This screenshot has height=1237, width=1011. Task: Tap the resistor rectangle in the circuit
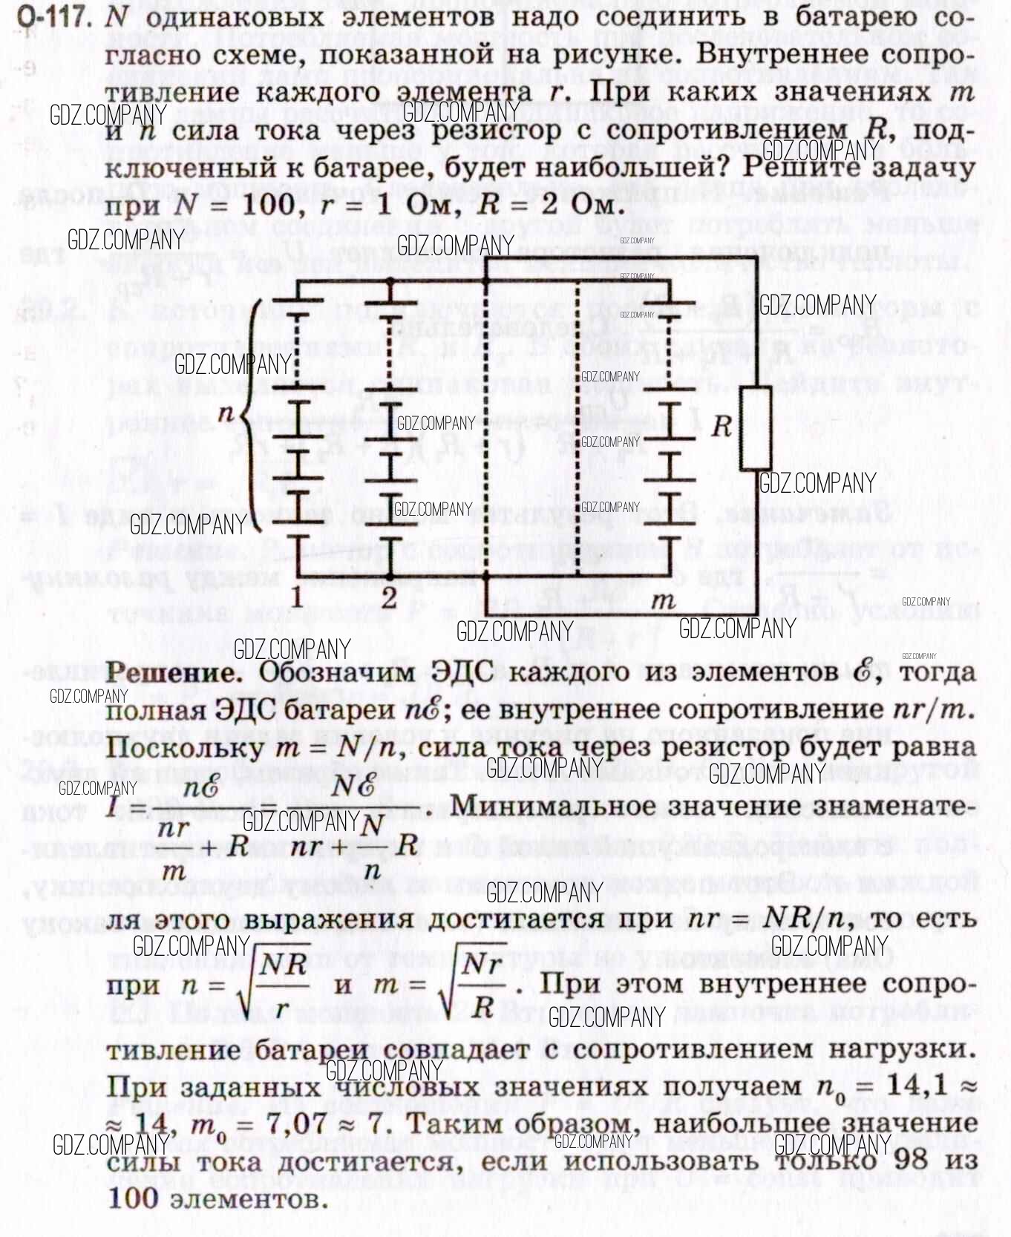pyautogui.click(x=755, y=428)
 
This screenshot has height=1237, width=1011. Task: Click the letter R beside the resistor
pyautogui.click(x=721, y=427)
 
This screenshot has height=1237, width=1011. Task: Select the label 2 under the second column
pyautogui.click(x=389, y=598)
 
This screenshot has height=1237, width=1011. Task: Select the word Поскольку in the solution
pyautogui.click(x=184, y=747)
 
